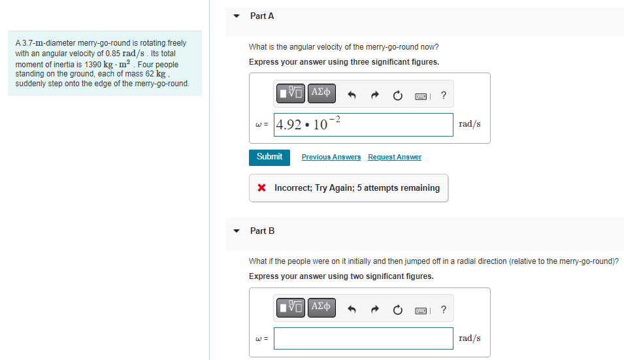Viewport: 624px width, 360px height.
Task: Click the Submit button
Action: (269, 157)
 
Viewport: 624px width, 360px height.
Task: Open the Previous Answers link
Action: (331, 157)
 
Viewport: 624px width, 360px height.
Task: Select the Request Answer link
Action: (395, 157)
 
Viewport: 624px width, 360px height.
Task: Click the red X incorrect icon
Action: (261, 188)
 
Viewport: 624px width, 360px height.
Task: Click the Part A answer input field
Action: (363, 125)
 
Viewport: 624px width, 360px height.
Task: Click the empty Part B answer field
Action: (363, 338)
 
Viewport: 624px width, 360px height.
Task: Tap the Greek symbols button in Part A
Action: (321, 93)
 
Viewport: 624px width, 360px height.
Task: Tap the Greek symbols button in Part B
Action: (321, 308)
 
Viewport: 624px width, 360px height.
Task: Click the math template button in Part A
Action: (291, 93)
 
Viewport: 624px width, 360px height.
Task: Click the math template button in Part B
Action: (291, 308)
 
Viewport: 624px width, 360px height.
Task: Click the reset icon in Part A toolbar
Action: (397, 95)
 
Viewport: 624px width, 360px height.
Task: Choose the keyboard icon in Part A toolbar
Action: (421, 96)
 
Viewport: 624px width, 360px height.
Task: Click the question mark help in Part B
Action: (444, 310)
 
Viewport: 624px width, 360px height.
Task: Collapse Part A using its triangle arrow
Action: (237, 16)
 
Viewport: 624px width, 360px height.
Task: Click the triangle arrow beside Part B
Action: (237, 231)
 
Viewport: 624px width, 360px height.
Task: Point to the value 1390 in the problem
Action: (93, 65)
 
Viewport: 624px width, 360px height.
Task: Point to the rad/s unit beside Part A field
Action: (470, 124)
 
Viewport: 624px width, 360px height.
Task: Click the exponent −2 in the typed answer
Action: (335, 119)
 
